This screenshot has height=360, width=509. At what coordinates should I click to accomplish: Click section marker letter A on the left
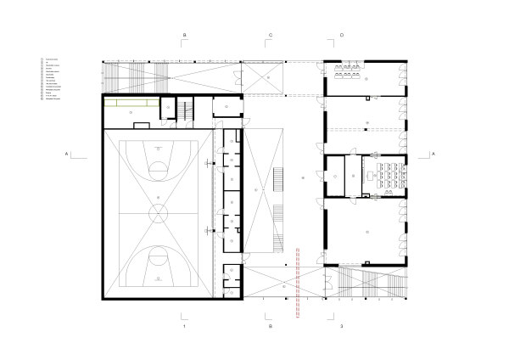click(64, 154)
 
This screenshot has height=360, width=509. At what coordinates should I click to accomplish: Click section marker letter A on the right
click(433, 154)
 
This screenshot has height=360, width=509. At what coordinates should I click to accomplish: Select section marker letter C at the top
click(270, 35)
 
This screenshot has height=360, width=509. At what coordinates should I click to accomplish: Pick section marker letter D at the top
click(342, 35)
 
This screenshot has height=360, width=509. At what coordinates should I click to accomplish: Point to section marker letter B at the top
click(184, 35)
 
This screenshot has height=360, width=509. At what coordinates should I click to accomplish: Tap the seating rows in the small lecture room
click(391, 173)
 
